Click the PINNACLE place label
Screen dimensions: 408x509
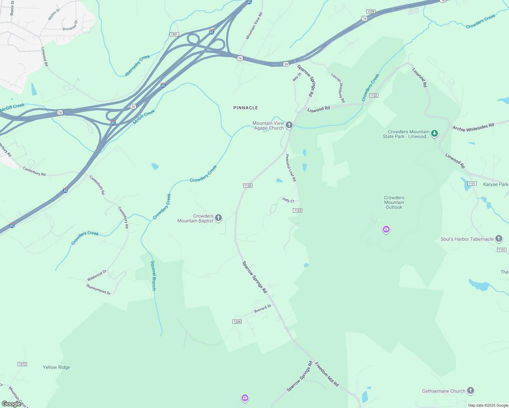click(246, 108)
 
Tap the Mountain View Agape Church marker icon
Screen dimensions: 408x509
click(289, 125)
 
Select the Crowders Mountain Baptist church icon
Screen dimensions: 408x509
click(218, 218)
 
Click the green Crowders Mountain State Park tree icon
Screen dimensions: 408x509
click(434, 133)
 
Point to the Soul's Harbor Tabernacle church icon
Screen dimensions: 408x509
click(499, 239)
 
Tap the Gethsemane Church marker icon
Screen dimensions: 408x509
click(471, 391)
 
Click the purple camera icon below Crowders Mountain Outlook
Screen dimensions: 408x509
click(386, 230)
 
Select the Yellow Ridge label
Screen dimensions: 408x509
click(56, 367)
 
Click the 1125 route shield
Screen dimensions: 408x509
click(248, 186)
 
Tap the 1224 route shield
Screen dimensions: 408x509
click(237, 322)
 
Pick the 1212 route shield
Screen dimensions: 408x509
click(22, 364)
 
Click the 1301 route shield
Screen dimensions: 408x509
click(174, 34)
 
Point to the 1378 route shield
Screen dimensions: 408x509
click(371, 12)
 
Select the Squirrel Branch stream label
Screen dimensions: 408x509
click(153, 275)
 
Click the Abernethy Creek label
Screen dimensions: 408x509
click(137, 66)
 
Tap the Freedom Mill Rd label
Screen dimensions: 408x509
click(327, 374)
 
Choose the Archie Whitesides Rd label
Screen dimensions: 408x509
click(473, 127)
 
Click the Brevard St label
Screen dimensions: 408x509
click(263, 309)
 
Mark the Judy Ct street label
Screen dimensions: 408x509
click(288, 200)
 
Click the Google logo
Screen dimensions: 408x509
click(12, 404)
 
